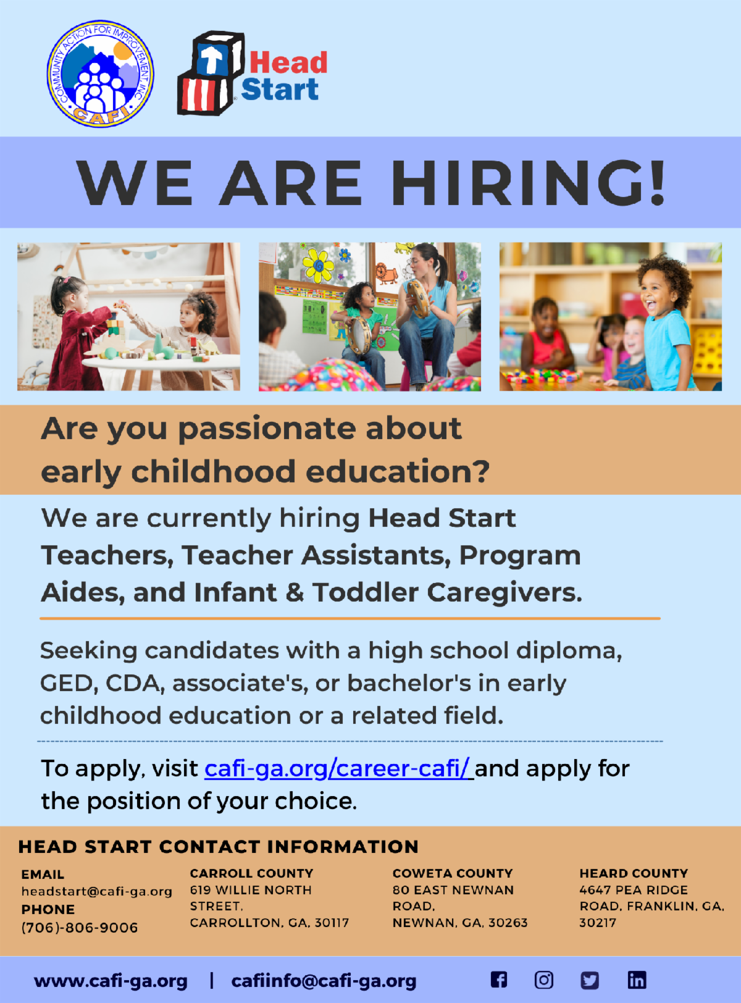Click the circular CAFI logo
[101, 74]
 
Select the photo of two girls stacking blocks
[128, 316]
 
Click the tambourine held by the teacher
[418, 297]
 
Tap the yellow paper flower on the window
[319, 266]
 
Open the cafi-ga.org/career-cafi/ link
[337, 768]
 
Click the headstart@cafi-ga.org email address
[97, 891]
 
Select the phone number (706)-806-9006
[80, 927]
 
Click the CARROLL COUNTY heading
[251, 873]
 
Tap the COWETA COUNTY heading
[453, 873]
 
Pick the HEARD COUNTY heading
[634, 873]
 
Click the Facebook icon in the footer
[499, 980]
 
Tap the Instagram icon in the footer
[544, 980]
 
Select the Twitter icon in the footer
[590, 980]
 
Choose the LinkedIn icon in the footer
[637, 980]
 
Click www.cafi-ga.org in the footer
[111, 981]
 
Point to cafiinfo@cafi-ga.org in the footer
[324, 981]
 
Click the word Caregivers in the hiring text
[504, 593]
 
